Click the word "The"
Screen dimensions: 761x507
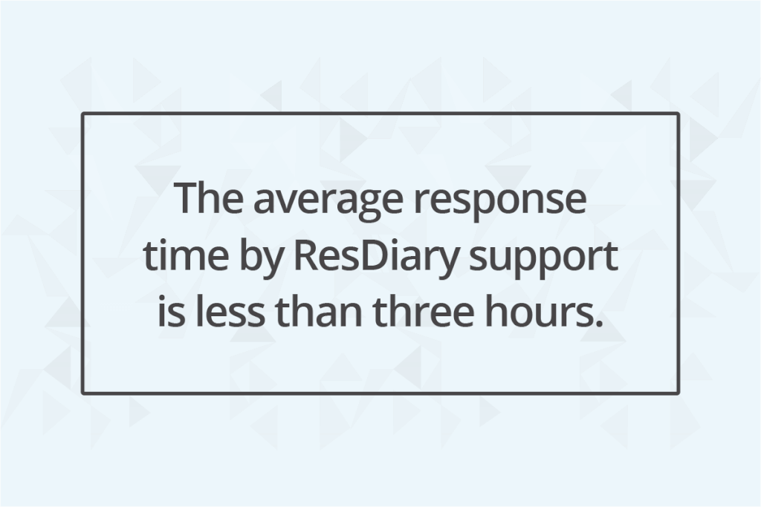click(209, 198)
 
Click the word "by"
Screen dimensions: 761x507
click(261, 259)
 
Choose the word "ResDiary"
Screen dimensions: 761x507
click(376, 259)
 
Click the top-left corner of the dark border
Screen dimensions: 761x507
click(82, 114)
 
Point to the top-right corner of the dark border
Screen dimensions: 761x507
click(678, 114)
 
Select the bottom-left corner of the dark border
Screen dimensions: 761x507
click(82, 393)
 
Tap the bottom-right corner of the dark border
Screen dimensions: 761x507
click(678, 393)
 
